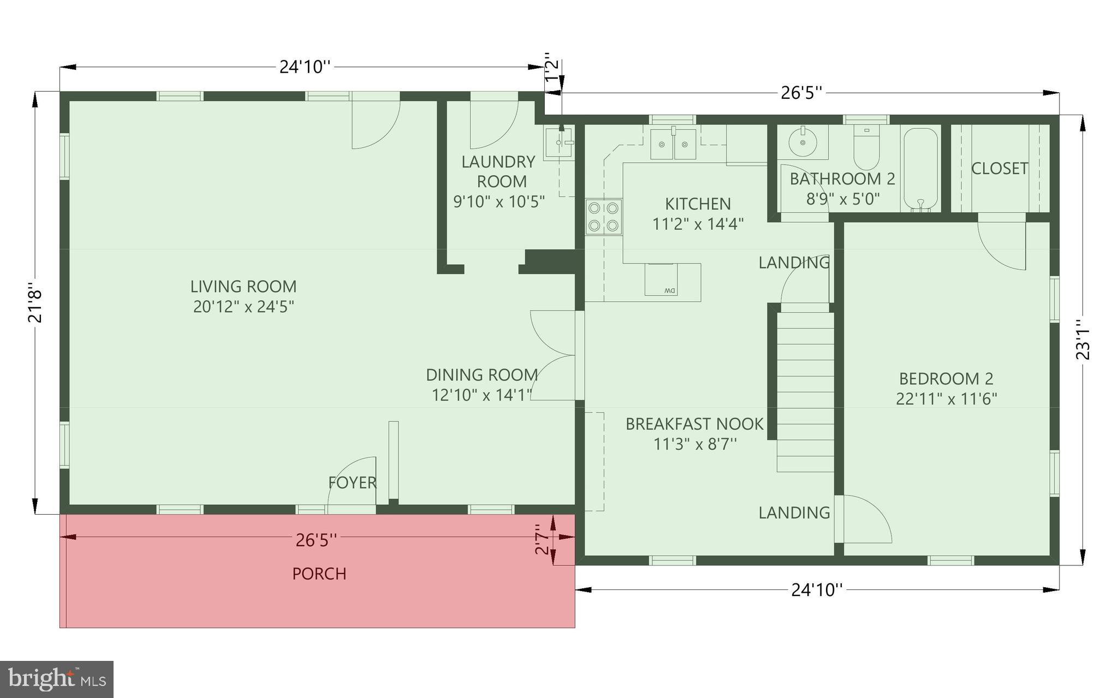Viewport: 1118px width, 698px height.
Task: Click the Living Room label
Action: [243, 287]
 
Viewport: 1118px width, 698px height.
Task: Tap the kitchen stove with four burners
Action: [604, 217]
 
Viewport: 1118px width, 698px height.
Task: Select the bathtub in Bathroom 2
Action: [921, 169]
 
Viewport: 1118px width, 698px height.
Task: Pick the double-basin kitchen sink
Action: [673, 145]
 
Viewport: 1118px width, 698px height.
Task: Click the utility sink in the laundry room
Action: [558, 142]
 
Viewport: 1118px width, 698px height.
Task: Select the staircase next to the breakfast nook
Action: [806, 391]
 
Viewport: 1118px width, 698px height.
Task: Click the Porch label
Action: [319, 574]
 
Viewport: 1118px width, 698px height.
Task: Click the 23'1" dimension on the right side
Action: [1082, 339]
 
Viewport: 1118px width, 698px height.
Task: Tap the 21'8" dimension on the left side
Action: [35, 303]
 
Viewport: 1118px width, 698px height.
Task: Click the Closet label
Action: [1000, 169]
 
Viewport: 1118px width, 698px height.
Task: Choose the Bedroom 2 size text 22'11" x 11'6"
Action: [946, 399]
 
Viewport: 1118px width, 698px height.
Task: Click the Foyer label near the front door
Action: [352, 482]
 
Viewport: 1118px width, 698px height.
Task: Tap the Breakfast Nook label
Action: [694, 424]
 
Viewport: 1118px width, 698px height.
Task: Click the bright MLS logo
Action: [57, 679]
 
